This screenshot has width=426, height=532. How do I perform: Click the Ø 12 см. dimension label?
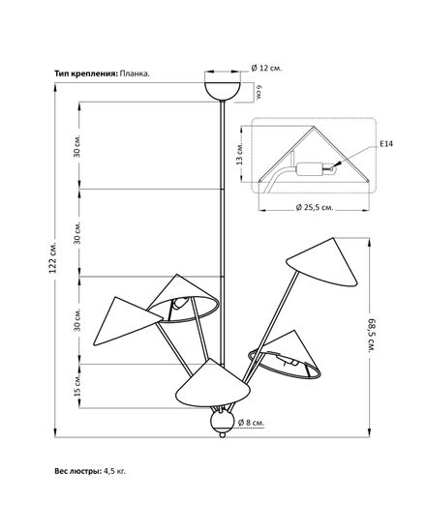coord(266,68)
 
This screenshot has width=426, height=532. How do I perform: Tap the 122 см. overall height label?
coord(52,258)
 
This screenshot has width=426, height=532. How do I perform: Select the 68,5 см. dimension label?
coord(372,336)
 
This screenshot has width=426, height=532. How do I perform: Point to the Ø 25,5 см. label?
coord(315,207)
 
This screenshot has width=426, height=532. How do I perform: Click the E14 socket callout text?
coord(386,144)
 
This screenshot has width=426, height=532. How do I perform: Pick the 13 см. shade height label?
coord(239,154)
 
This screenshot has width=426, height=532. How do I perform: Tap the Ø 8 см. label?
coord(251,423)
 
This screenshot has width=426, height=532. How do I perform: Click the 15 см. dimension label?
coord(77,386)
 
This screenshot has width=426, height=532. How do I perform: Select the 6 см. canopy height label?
coord(259,92)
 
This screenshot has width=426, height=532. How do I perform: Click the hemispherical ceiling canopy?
coord(223,91)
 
